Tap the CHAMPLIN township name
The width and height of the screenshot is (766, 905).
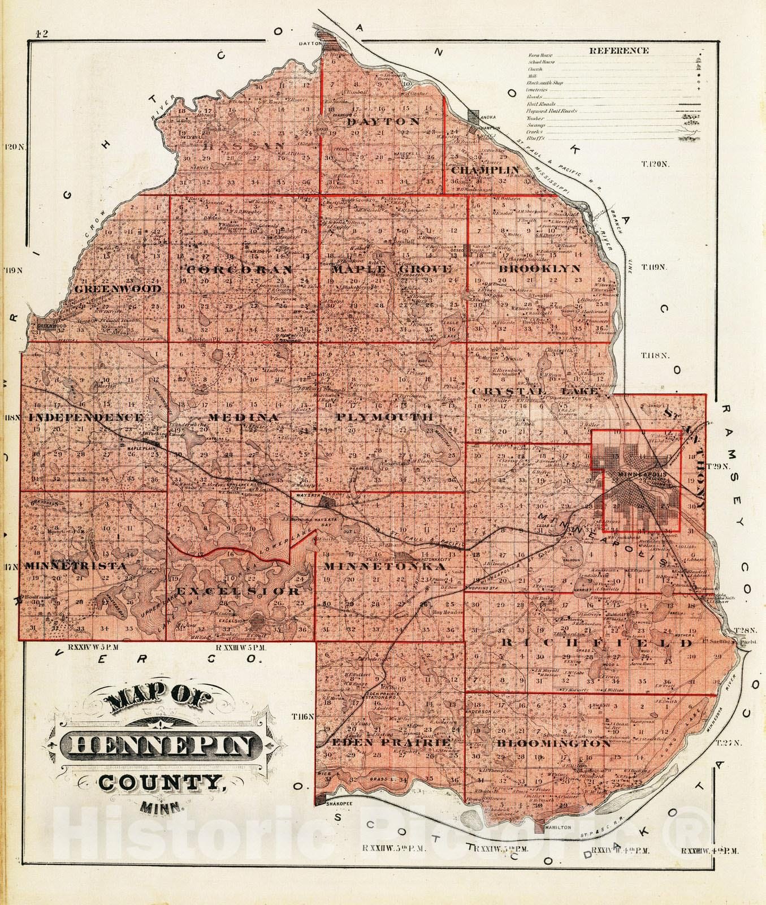point(485,170)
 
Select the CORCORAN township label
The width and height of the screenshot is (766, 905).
point(240,270)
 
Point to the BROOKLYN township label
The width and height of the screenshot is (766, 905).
point(540,269)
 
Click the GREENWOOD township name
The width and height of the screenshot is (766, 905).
point(118,288)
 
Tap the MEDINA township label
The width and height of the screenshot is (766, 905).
point(243,417)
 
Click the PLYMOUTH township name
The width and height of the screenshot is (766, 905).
point(384,417)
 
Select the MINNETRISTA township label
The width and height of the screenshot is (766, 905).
point(75,566)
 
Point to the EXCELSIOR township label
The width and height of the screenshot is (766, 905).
point(238,592)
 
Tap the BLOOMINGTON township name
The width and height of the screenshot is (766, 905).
point(553,743)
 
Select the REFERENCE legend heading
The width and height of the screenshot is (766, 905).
point(618,50)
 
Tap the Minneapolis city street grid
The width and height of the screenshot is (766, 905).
point(639,486)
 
